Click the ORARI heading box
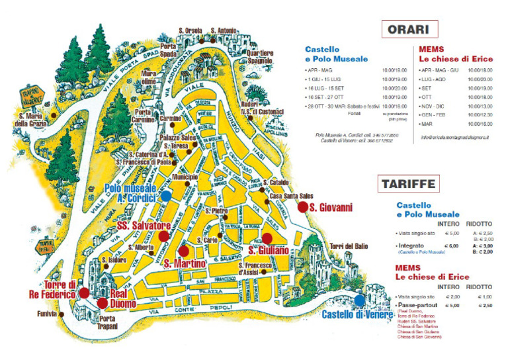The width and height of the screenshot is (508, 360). tap(408, 30)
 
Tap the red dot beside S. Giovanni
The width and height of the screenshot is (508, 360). tap(303, 207)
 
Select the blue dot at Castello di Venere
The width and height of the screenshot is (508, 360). tap(359, 300)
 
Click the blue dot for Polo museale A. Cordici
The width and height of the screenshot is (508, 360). tap(167, 195)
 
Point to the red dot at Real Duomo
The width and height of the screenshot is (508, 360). tap(102, 303)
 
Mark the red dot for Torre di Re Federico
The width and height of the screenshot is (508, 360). tap(84, 292)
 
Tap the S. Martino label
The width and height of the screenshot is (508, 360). tap(182, 264)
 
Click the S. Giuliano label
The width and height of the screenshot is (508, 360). tap(268, 250)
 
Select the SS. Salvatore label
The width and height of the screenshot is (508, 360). tap(144, 226)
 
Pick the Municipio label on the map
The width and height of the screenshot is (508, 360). tap(185, 178)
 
